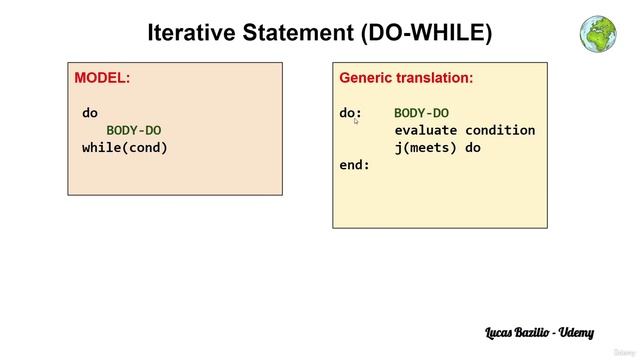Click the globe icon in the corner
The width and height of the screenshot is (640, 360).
pyautogui.click(x=598, y=32)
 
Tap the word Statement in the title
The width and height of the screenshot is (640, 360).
pyautogui.click(x=302, y=33)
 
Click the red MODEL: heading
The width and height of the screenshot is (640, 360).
pyautogui.click(x=102, y=77)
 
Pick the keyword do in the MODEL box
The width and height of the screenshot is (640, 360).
pyautogui.click(x=90, y=113)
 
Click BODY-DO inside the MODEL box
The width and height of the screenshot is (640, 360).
pyautogui.click(x=134, y=130)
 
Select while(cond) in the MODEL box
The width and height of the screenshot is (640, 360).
pyautogui.click(x=125, y=147)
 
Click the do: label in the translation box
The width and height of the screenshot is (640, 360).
pyautogui.click(x=351, y=113)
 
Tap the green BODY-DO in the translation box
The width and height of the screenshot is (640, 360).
pyautogui.click(x=421, y=113)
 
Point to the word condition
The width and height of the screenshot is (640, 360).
pyautogui.click(x=500, y=130)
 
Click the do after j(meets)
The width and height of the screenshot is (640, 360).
pyautogui.click(x=473, y=147)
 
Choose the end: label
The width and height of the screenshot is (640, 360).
pyautogui.click(x=355, y=164)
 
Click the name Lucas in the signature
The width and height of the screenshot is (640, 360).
pyautogui.click(x=505, y=331)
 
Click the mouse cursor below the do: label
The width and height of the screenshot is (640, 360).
pyautogui.click(x=355, y=120)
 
